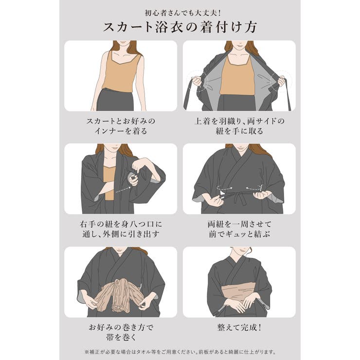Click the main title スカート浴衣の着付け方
180,27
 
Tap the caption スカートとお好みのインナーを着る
120,126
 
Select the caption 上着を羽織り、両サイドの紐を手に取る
239,126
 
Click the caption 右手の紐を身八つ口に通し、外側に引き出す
120,229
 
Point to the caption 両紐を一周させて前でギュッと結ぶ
239,229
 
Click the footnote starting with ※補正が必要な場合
180,351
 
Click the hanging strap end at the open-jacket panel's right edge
288,100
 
